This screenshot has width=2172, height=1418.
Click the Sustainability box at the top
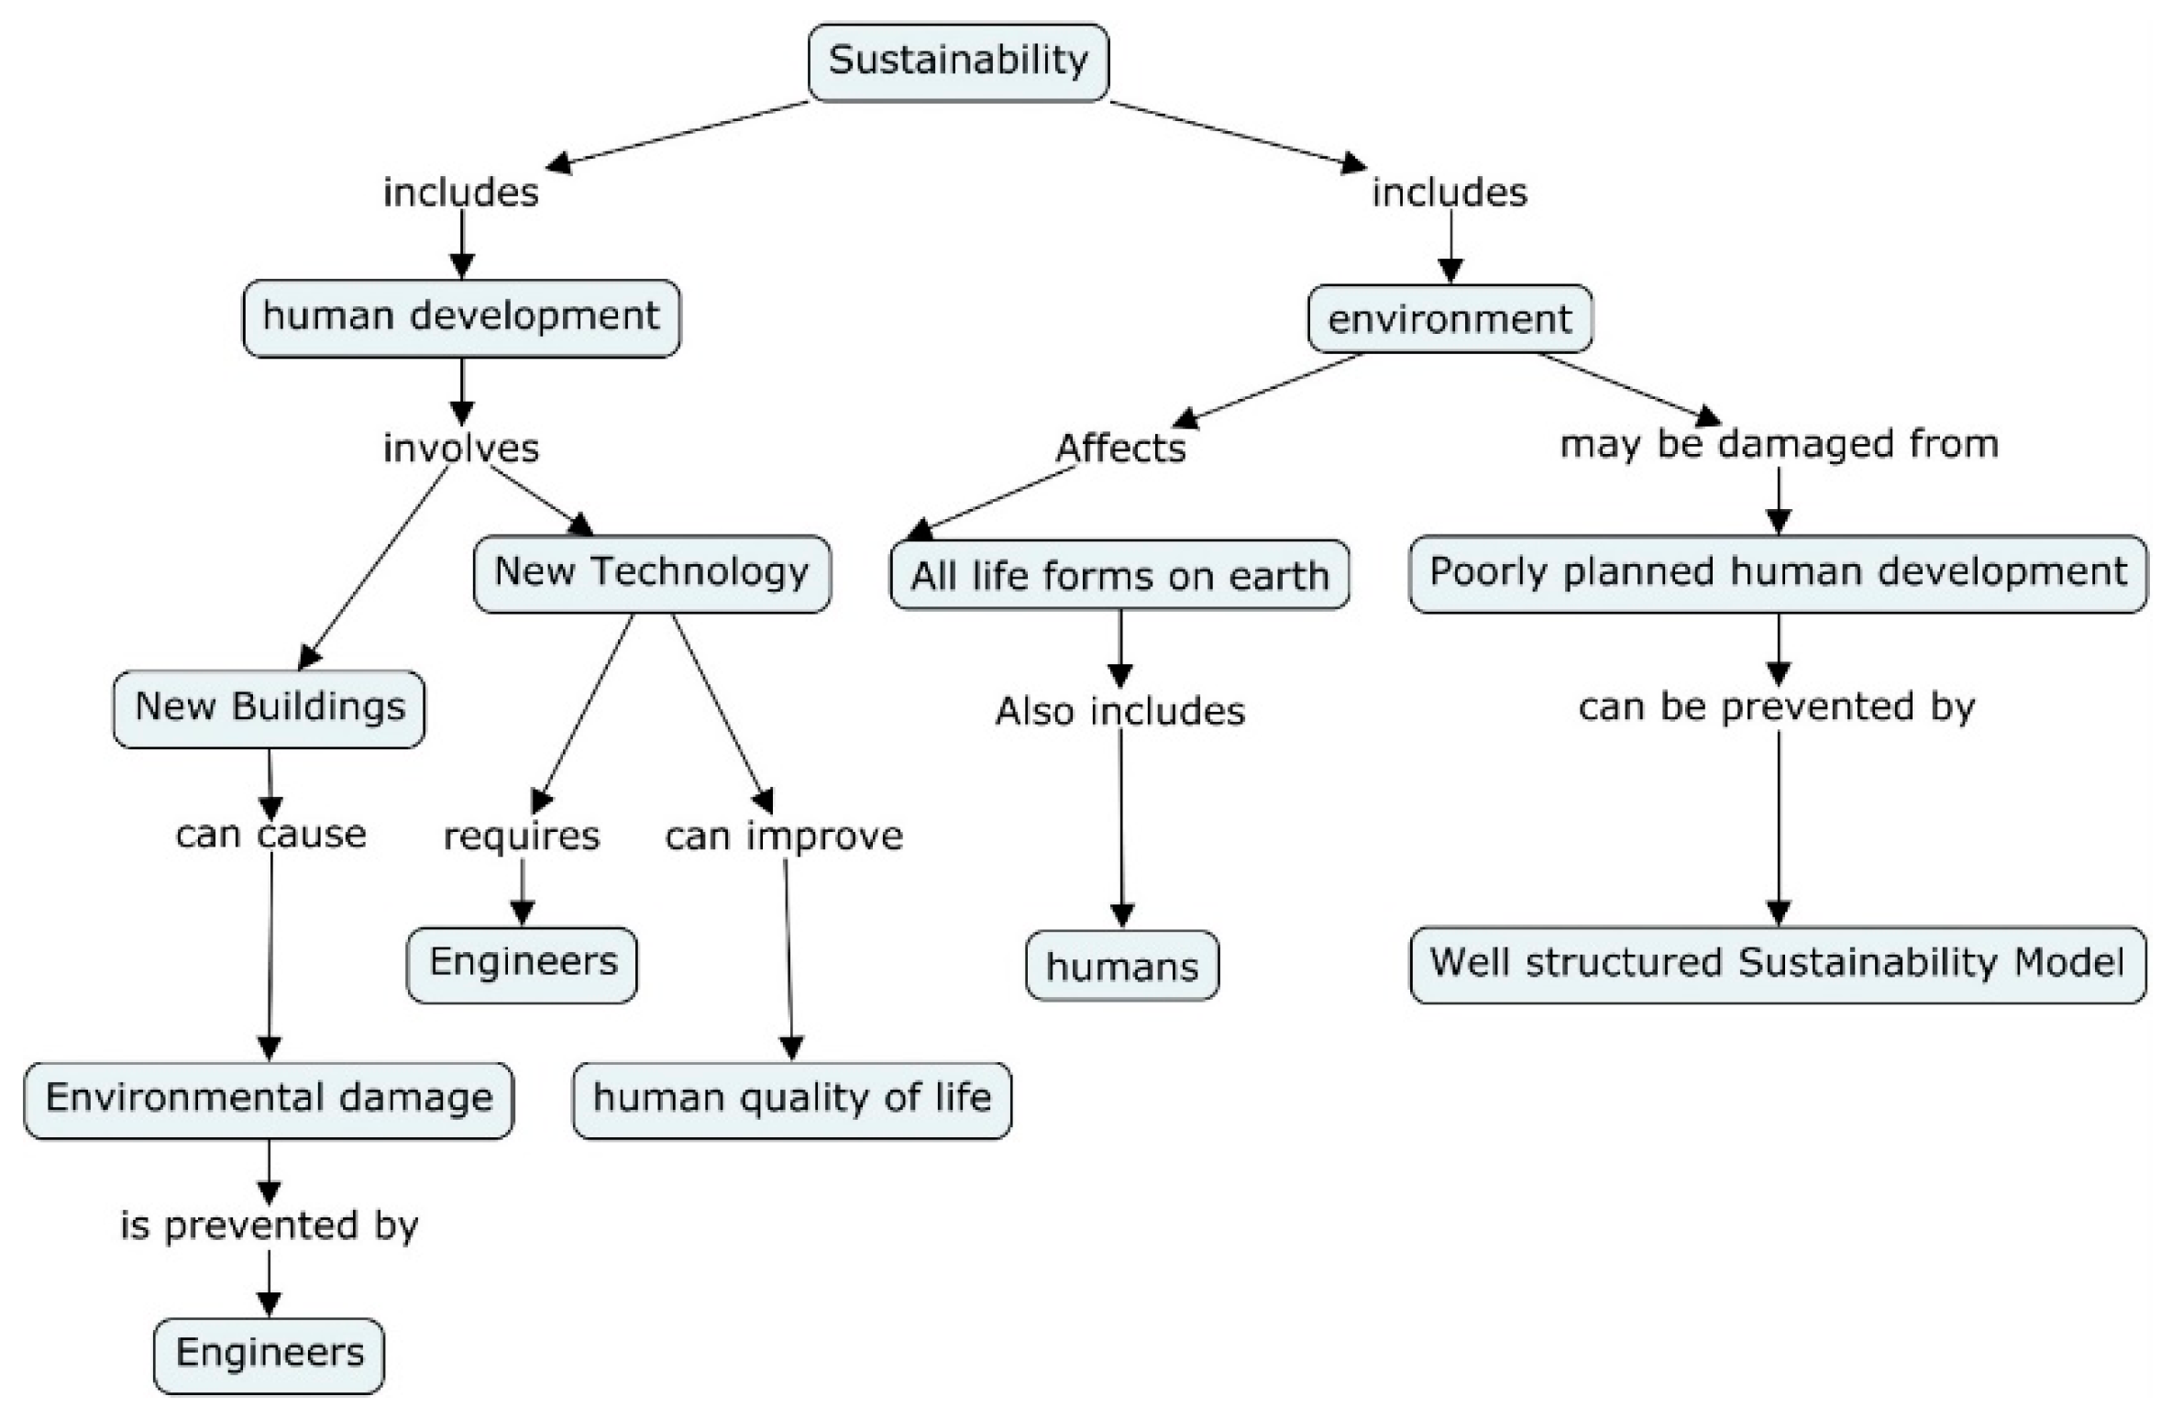tap(958, 62)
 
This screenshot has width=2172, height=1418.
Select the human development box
tap(461, 317)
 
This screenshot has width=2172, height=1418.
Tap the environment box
tap(1450, 319)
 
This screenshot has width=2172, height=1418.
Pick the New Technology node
tap(652, 573)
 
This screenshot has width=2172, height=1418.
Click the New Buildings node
tap(270, 708)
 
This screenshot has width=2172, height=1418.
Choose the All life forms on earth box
tap(1119, 576)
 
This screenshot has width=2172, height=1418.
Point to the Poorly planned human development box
tap(1778, 573)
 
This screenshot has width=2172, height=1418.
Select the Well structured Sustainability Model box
tap(1778, 964)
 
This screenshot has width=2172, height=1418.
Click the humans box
tap(1122, 966)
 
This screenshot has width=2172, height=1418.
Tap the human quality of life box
tap(792, 1099)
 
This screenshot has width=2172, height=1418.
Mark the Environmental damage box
tap(269, 1099)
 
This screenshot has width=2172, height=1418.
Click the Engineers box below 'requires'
tap(523, 964)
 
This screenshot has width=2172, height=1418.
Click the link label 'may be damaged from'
tap(1779, 444)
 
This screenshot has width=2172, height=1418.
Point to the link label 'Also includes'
tap(1120, 712)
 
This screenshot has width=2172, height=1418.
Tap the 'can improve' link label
tap(784, 836)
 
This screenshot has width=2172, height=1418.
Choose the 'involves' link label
tap(461, 449)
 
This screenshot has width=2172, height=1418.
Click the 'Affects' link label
tap(1120, 449)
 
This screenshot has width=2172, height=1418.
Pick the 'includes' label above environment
tap(1450, 193)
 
